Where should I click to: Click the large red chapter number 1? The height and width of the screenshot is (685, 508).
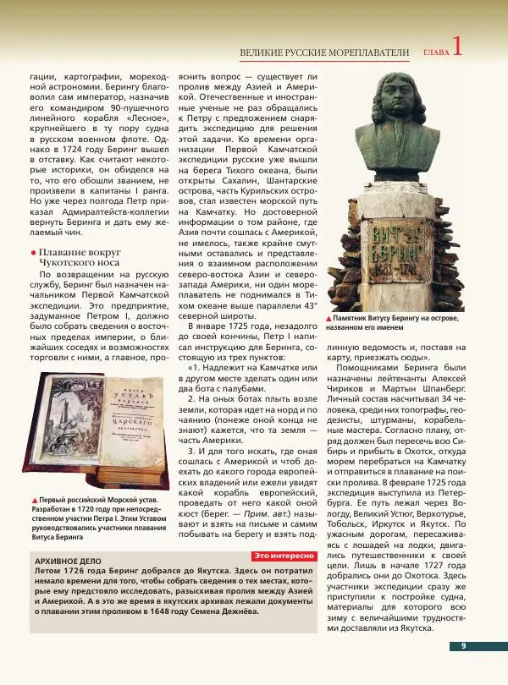(459, 47)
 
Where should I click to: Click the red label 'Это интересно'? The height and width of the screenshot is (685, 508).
(285, 556)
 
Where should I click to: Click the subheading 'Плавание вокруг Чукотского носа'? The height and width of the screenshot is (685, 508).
(80, 258)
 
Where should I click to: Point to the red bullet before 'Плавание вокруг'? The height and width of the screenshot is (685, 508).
(33, 253)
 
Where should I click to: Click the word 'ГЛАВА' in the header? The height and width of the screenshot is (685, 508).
(434, 53)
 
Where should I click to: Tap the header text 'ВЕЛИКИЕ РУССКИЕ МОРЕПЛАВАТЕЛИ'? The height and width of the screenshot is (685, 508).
(324, 53)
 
